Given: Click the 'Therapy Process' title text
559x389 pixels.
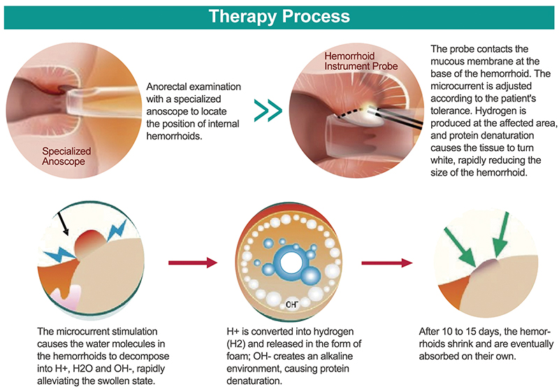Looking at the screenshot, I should pyautogui.click(x=279, y=15).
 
